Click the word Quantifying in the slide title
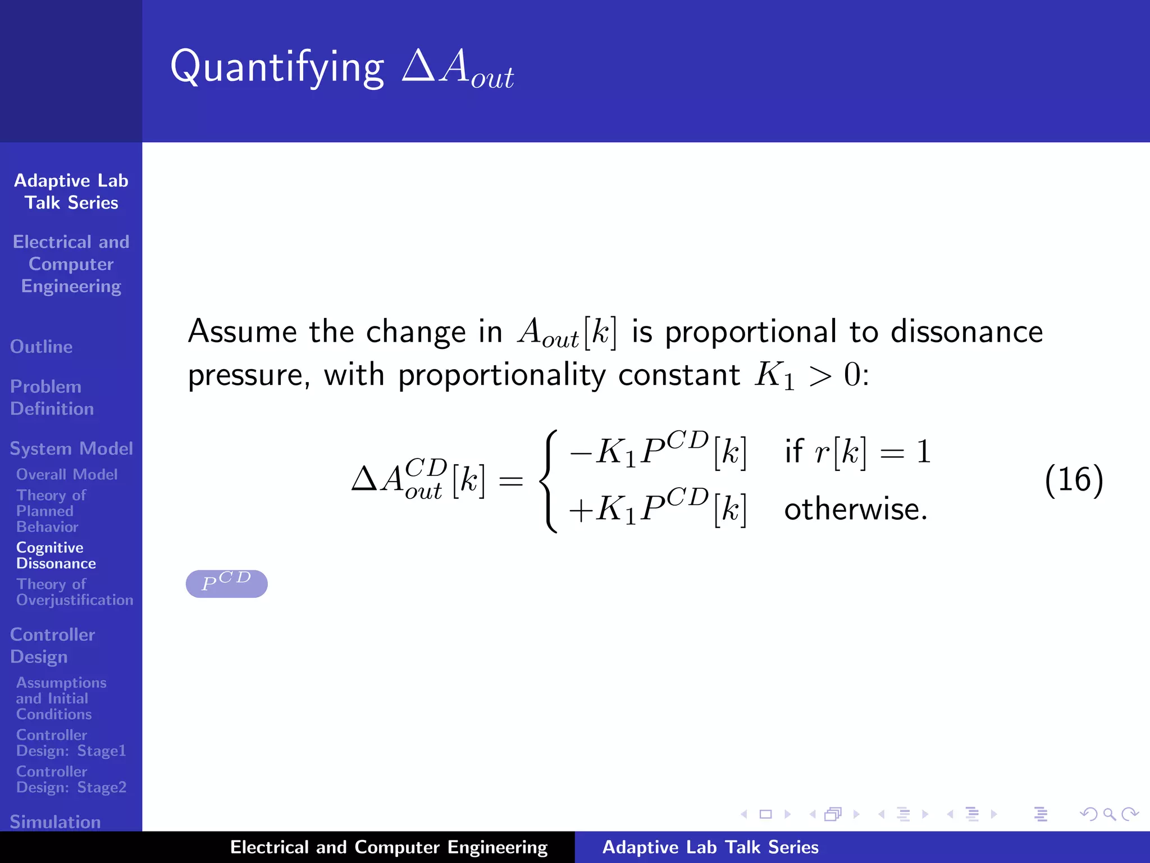tap(277, 67)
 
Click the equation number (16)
tap(1074, 480)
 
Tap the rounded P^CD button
tap(226, 584)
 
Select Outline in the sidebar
tap(41, 347)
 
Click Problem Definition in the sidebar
tap(51, 397)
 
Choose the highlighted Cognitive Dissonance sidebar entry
tap(56, 555)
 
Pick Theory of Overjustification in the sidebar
tap(74, 592)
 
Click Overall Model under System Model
tap(66, 474)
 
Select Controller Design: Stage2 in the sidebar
tap(71, 779)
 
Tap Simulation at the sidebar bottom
tap(55, 821)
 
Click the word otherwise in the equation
tap(855, 510)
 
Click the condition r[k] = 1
tap(857, 452)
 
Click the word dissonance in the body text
tap(966, 331)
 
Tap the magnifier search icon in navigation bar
tap(1108, 814)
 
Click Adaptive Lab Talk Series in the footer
tap(710, 847)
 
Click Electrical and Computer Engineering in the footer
tap(389, 847)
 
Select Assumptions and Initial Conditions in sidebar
tap(61, 698)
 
